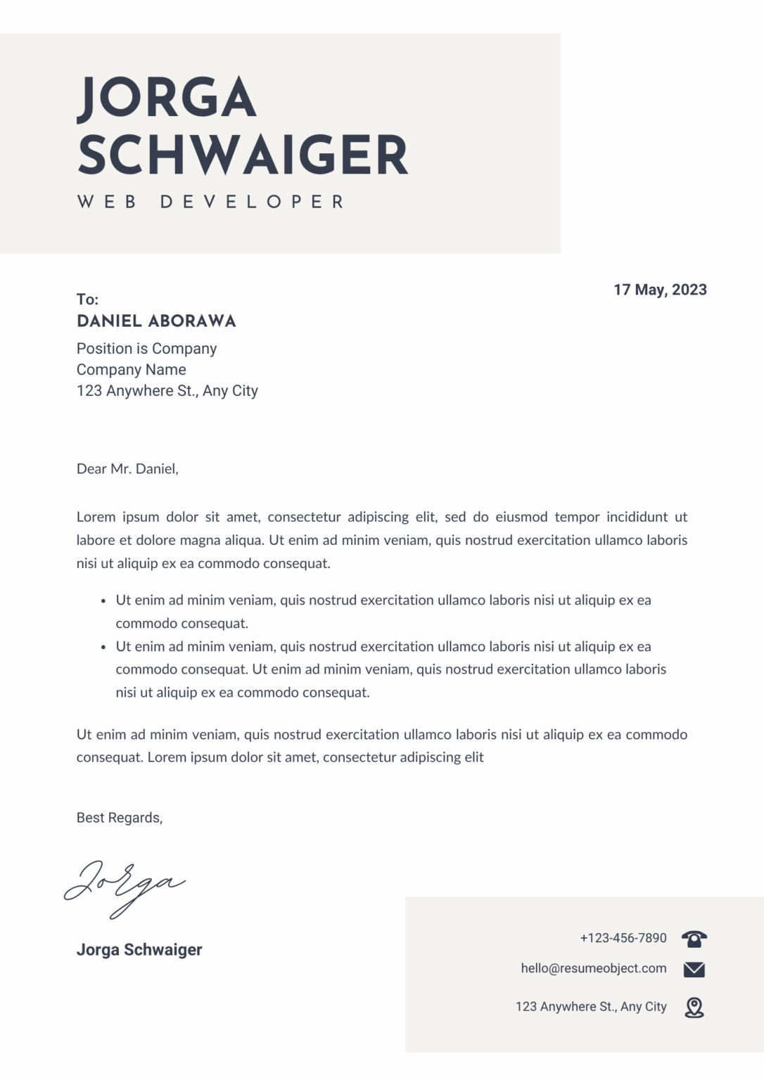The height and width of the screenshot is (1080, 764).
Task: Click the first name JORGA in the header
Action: [167, 98]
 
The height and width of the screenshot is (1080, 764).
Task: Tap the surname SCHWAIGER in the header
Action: [243, 155]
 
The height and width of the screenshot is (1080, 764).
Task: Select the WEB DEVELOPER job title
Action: [210, 202]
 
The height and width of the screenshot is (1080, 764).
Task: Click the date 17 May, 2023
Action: [660, 290]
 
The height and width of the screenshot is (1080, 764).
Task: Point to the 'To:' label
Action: [87, 300]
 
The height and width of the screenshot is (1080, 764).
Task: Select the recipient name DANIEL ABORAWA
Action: [156, 321]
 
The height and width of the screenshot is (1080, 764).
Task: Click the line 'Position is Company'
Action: [146, 349]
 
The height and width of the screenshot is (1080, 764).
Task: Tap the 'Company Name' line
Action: [132, 370]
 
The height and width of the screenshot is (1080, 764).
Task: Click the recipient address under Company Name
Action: [167, 391]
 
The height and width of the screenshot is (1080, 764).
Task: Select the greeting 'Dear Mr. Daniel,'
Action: [127, 469]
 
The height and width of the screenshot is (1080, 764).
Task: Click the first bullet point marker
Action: [103, 601]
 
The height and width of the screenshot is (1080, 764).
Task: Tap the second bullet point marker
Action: [103, 647]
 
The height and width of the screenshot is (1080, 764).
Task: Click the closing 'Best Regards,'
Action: [120, 818]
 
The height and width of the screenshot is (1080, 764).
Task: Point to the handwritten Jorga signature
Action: [125, 885]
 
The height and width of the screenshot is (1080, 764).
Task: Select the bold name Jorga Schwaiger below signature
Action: [139, 950]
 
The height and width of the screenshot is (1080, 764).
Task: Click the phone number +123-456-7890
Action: [623, 938]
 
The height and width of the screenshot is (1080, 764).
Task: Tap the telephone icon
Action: [694, 938]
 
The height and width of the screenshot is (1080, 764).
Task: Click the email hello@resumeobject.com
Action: [594, 968]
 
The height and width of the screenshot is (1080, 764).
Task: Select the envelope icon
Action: [694, 970]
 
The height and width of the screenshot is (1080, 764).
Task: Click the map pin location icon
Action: [694, 1007]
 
